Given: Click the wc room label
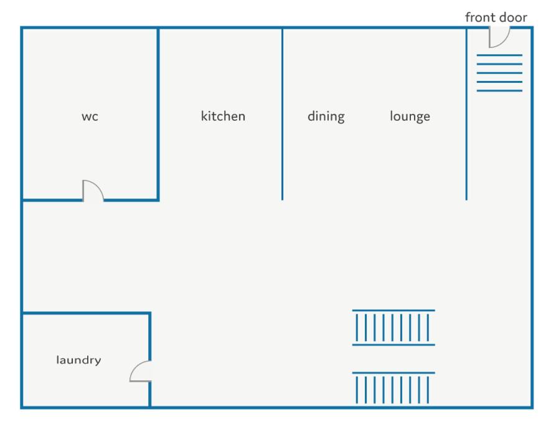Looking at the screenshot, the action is click(90, 116).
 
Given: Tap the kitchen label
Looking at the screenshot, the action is click(223, 116).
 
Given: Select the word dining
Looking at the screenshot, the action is click(326, 116).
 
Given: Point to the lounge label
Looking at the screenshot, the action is click(410, 116).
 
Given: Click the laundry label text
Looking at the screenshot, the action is click(78, 360).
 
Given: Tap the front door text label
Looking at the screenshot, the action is click(496, 17).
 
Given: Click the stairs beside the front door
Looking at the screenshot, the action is click(499, 73).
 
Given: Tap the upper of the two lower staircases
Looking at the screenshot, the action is click(393, 327).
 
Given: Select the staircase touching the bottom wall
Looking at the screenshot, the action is click(393, 388).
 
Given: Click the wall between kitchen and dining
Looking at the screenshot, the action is click(282, 114).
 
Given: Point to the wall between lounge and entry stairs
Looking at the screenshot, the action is click(466, 114).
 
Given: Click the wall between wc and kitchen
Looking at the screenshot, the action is click(158, 114).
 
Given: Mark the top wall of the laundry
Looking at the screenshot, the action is click(87, 312).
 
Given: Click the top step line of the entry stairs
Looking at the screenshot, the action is click(499, 55).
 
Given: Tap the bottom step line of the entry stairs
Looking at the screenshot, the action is click(499, 91).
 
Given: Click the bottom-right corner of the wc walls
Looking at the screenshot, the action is click(158, 200).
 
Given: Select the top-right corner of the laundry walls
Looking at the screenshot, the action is click(149, 312).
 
